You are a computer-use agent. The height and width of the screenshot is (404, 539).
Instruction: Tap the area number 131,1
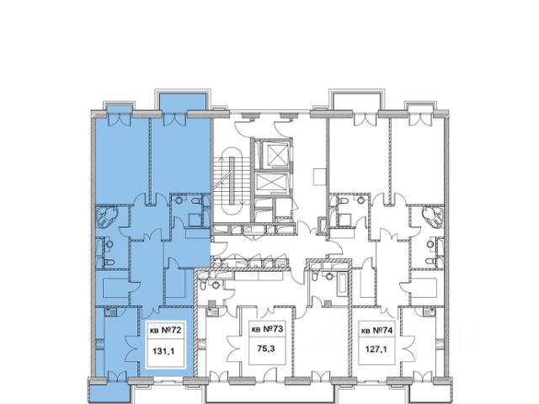point(163,352)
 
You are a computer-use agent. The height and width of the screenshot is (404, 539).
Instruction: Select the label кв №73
point(268,329)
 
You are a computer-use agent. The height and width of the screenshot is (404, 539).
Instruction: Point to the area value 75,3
point(266,348)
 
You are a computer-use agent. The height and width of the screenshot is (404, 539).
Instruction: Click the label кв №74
point(376,331)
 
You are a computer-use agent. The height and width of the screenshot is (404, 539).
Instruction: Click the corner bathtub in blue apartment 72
point(108,217)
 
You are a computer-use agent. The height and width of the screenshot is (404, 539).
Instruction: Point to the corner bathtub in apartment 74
point(433,217)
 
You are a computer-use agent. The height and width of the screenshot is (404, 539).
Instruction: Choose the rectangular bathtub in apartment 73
point(341,284)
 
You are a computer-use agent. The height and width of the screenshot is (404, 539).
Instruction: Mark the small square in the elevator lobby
point(319,177)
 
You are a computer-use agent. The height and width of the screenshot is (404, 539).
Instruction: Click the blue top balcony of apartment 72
point(183,102)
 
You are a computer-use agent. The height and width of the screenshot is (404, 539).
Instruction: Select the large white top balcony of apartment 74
point(356,101)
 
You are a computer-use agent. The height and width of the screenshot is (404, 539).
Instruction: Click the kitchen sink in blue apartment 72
point(110,312)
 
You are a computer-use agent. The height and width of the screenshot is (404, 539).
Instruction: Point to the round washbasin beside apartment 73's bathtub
point(329,275)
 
